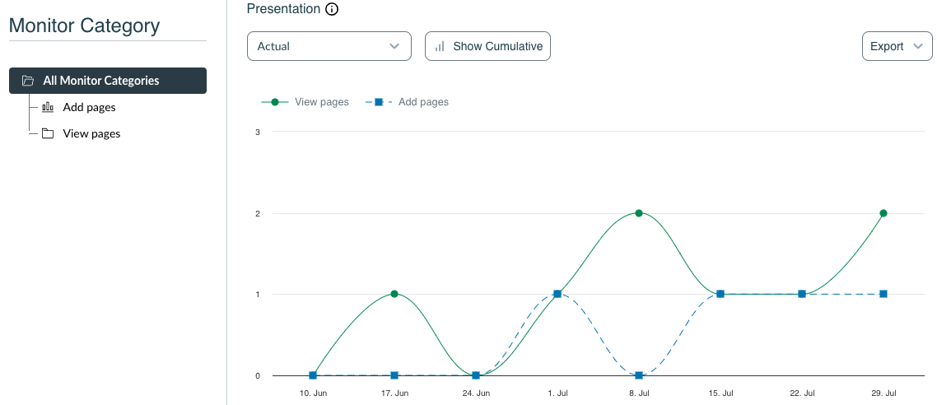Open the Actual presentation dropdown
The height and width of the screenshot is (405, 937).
[329, 46]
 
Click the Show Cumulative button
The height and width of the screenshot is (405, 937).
[487, 46]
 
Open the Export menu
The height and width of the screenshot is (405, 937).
[896, 46]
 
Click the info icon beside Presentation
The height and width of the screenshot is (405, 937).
[332, 10]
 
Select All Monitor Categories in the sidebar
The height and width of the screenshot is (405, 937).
[108, 81]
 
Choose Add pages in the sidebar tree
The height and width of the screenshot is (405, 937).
[89, 107]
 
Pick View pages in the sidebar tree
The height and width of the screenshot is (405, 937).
[91, 133]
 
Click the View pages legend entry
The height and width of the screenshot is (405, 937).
[305, 102]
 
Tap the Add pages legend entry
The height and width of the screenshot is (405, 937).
[408, 102]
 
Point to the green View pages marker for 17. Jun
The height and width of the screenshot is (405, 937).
[394, 294]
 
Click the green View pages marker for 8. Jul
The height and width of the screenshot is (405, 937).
[639, 213]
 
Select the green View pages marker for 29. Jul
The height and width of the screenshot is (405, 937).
[883, 213]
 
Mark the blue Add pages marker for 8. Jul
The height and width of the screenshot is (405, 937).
[639, 375]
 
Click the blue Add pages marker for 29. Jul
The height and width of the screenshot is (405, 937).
[883, 294]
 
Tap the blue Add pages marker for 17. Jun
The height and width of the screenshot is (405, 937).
[394, 375]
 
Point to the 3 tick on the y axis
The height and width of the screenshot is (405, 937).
[258, 132]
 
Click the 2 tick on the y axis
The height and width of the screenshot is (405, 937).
[258, 213]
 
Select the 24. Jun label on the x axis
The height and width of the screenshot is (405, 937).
[476, 393]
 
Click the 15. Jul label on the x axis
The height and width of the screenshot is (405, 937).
[720, 393]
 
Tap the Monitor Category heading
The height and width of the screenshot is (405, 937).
[84, 26]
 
